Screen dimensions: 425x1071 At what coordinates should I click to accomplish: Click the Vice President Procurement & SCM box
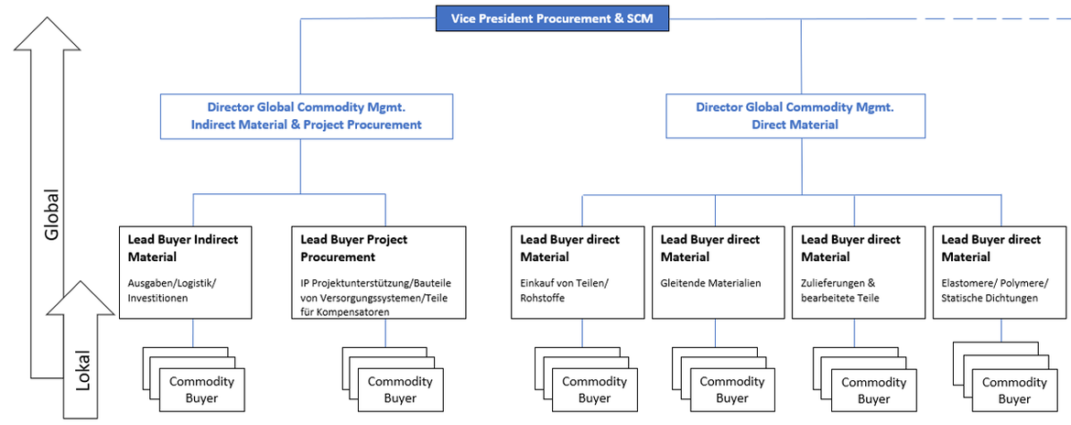pos(552,18)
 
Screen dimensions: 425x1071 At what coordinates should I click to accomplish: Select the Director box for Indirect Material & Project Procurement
pos(307,115)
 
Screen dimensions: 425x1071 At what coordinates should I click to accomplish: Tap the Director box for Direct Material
pos(795,115)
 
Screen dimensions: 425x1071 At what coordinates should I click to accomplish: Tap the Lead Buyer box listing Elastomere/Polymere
pos(999,270)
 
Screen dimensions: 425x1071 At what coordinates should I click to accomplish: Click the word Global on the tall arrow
pos(52,215)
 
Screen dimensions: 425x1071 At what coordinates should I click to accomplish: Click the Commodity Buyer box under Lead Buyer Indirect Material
pos(201,389)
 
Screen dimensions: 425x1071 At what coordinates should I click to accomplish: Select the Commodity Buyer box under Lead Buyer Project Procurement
pos(400,389)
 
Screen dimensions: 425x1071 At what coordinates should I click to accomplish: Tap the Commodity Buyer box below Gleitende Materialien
pos(731,389)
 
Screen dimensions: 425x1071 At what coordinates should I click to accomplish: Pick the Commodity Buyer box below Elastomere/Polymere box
pos(1013,391)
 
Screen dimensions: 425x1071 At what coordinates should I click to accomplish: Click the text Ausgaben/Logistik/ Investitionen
pos(168,290)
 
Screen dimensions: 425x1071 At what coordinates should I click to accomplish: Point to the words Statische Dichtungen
pos(990,299)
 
